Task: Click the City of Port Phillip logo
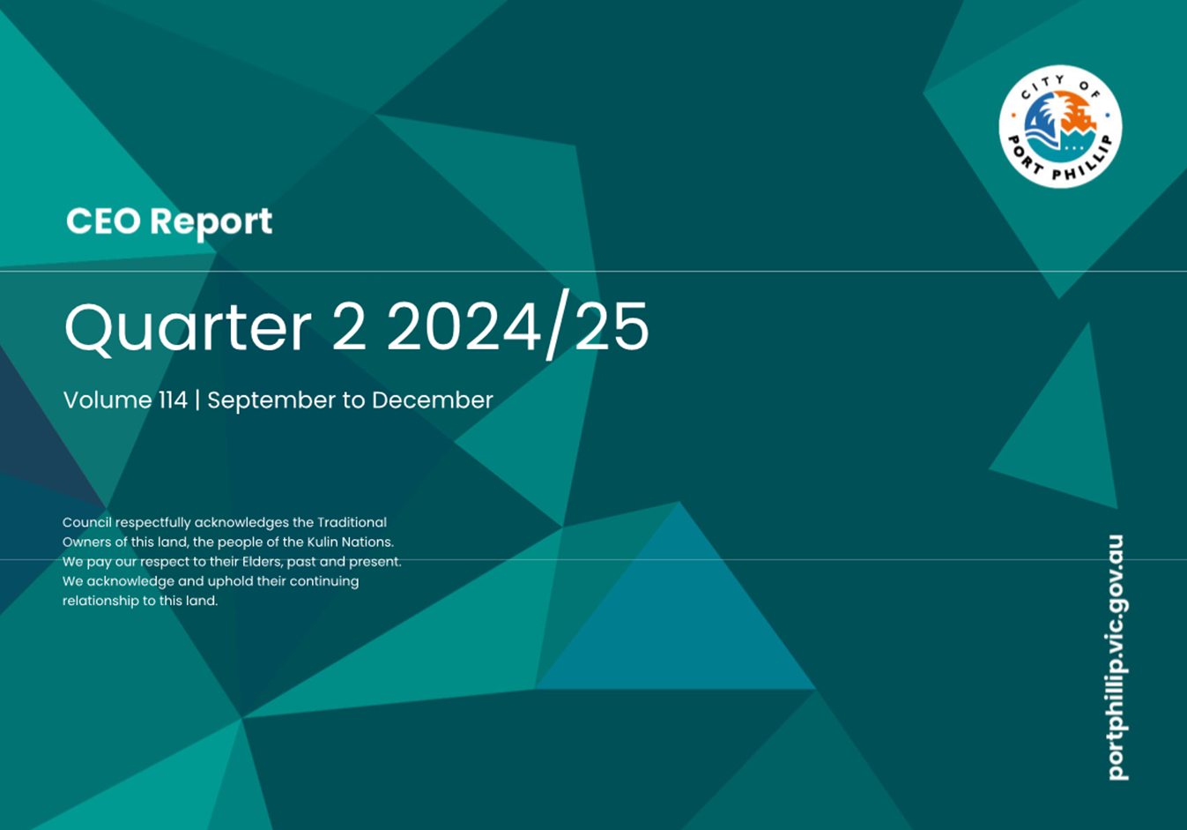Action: tap(1060, 126)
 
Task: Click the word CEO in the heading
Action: tap(103, 221)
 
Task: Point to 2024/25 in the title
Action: tap(517, 328)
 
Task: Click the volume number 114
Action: tap(173, 400)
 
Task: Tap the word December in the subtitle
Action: tap(432, 400)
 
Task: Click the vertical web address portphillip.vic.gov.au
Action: tap(1116, 657)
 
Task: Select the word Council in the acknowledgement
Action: tap(86, 522)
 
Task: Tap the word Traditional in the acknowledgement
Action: tap(352, 522)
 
